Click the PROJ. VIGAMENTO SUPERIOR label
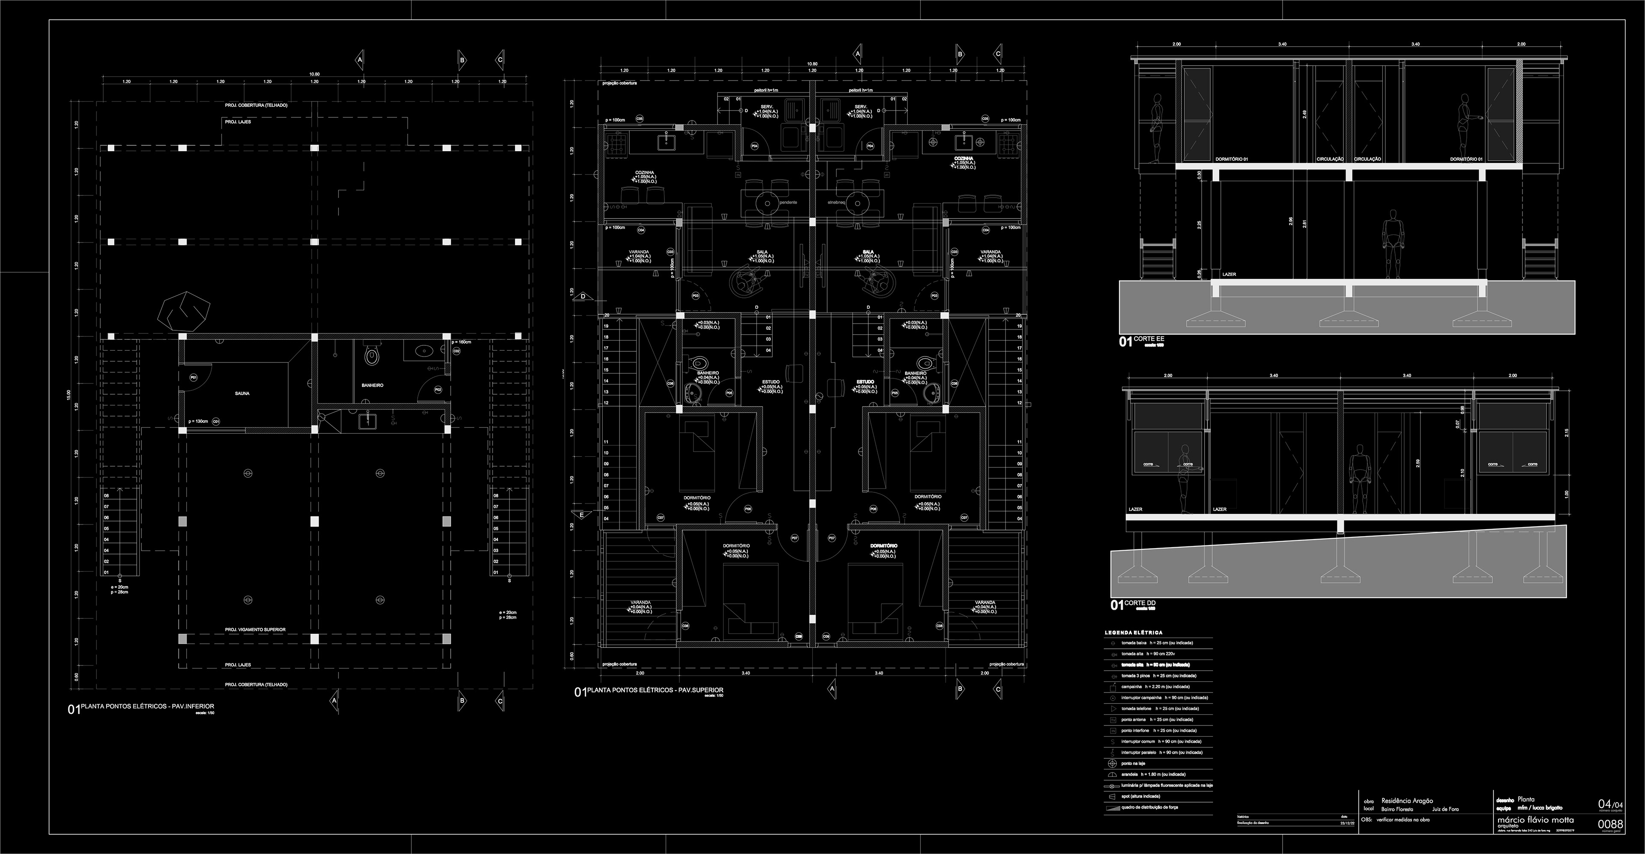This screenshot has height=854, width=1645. click(x=255, y=630)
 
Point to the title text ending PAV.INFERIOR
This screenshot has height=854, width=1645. click(x=147, y=707)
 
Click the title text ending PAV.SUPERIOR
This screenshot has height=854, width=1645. click(x=655, y=690)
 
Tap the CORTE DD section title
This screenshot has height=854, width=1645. click(x=1140, y=603)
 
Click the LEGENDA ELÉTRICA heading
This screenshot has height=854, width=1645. click(x=1134, y=633)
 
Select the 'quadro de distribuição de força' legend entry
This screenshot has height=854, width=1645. click(x=1149, y=807)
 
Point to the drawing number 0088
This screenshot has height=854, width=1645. click(x=1610, y=824)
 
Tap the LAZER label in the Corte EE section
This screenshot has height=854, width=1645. click(x=1229, y=275)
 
